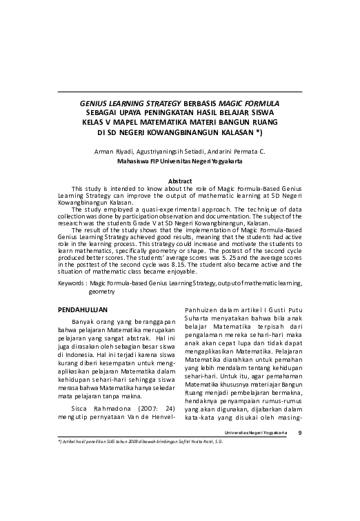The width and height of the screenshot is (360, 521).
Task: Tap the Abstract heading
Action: pos(180,181)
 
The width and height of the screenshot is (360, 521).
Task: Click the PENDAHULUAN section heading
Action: pos(83,310)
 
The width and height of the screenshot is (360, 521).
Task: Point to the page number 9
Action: pos(299,432)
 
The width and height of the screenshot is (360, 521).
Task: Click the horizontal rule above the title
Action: pos(180,92)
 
